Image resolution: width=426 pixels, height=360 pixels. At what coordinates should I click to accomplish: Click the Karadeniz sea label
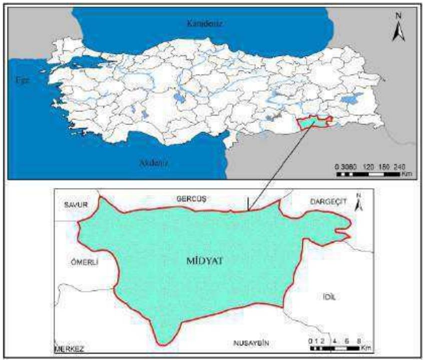[204, 23]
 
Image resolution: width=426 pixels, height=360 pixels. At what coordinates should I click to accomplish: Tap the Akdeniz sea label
[151, 162]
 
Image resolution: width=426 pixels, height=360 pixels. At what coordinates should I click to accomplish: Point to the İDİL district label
[329, 297]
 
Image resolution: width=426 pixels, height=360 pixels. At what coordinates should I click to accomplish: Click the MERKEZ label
[69, 348]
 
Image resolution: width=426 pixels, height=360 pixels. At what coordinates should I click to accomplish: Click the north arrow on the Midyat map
[358, 201]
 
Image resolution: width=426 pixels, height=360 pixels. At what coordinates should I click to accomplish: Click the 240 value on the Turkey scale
[397, 166]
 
